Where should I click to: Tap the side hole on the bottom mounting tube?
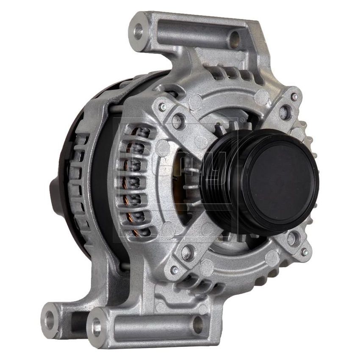click(x=198, y=324)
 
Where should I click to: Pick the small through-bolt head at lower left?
click(x=174, y=270)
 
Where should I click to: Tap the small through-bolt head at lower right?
click(x=304, y=252)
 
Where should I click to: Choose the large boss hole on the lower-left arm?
click(x=187, y=253)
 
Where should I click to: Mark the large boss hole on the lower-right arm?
click(x=291, y=238)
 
